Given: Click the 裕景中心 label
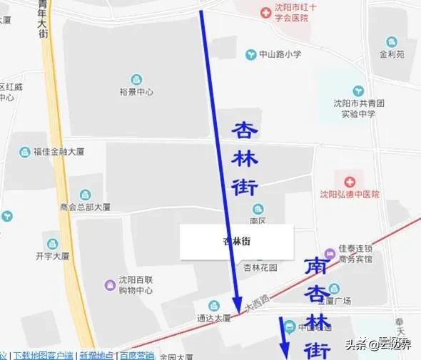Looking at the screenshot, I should pyautogui.click(x=136, y=92).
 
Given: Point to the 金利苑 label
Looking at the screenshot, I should pyautogui.click(x=391, y=53).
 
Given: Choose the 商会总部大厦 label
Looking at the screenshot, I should pyautogui.click(x=86, y=207).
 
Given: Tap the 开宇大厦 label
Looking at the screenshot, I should pyautogui.click(x=52, y=256).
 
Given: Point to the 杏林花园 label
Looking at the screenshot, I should pyautogui.click(x=260, y=267).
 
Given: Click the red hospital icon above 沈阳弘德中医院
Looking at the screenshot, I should pyautogui.click(x=350, y=182).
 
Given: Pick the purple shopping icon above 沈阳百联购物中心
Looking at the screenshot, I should pyautogui.click(x=110, y=285).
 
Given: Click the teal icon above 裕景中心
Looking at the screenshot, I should pyautogui.click(x=136, y=79).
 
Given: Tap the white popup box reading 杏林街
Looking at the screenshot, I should pyautogui.click(x=236, y=242).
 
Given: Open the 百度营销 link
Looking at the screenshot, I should pyautogui.click(x=136, y=355).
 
